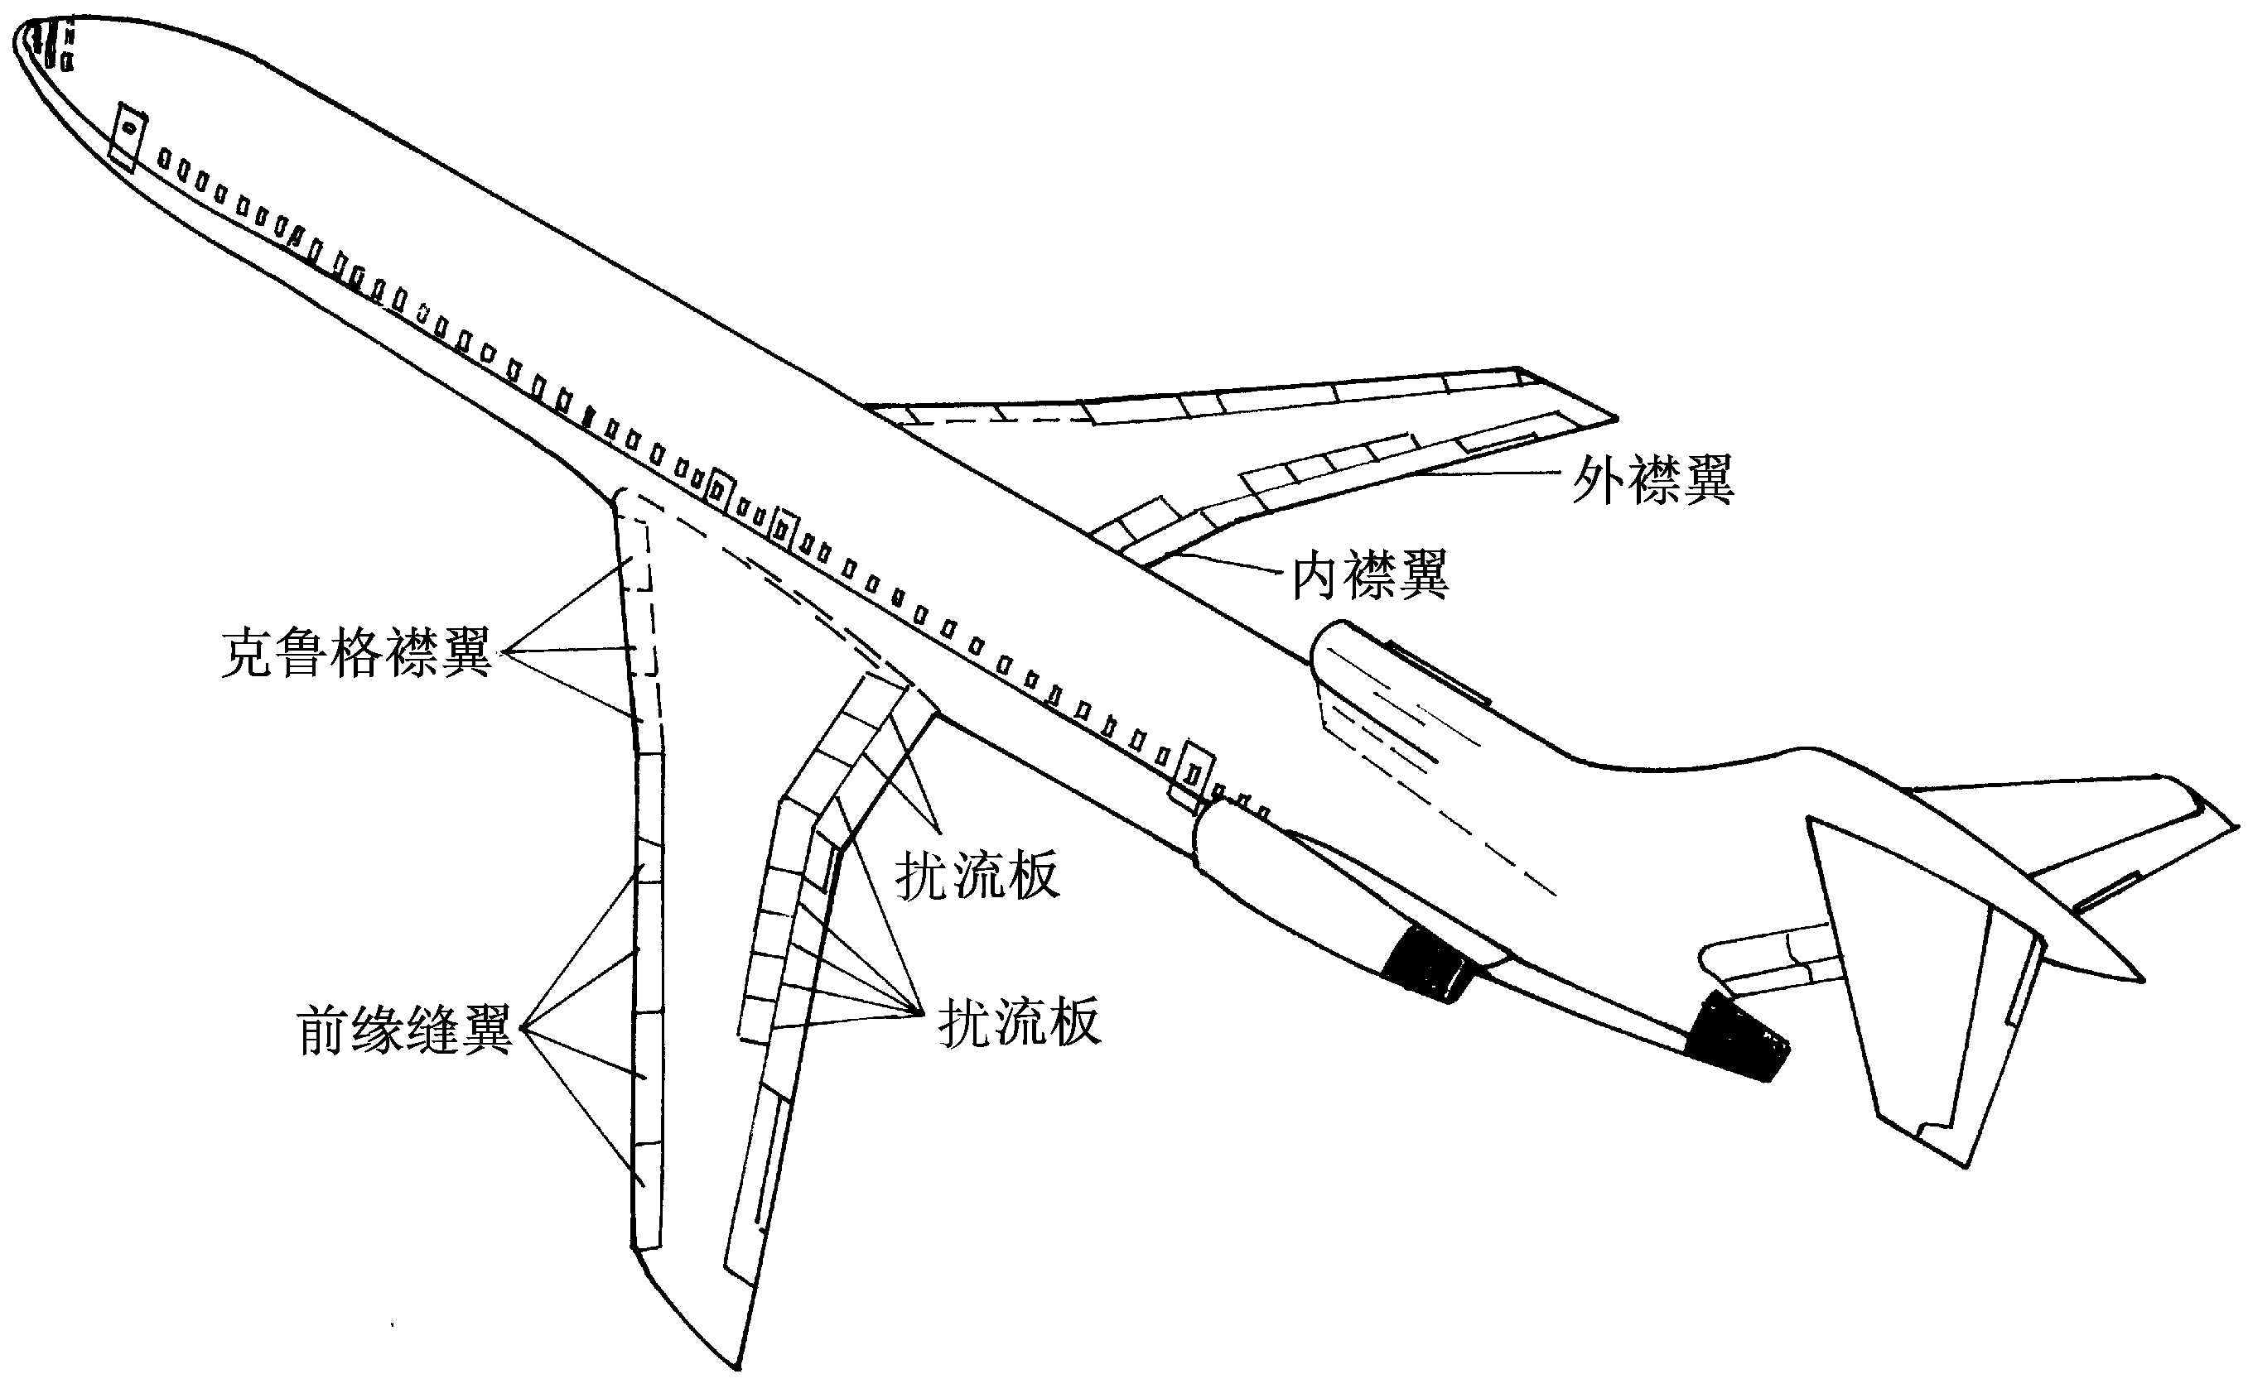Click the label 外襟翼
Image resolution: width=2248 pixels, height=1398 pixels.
pyautogui.click(x=1652, y=479)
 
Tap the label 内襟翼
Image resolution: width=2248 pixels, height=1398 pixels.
pyautogui.click(x=1369, y=574)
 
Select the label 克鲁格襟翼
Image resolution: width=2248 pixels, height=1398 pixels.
pyautogui.click(x=356, y=653)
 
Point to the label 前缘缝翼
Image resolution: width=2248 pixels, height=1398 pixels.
pyautogui.click(x=404, y=1030)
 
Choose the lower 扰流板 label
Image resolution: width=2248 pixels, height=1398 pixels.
pyautogui.click(x=1019, y=1021)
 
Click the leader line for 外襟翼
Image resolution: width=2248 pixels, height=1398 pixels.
pyautogui.click(x=1489, y=473)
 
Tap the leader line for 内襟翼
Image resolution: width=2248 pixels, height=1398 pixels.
pyautogui.click(x=1221, y=561)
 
